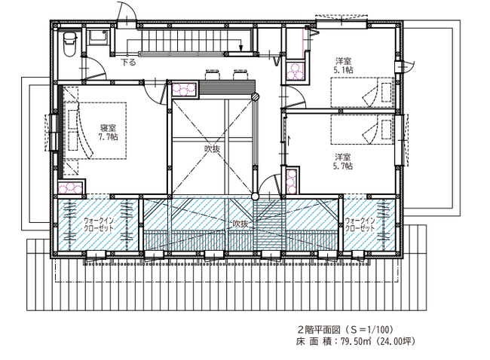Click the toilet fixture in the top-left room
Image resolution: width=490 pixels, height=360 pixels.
[69, 44]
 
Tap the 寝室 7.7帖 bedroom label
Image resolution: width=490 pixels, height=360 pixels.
[108, 133]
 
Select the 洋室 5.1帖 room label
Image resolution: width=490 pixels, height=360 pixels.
[343, 66]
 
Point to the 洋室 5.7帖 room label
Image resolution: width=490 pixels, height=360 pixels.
[343, 161]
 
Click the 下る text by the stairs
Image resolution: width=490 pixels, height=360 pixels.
[129, 62]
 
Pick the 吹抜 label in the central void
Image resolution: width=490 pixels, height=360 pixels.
[212, 149]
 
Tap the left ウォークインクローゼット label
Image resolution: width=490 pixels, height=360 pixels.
[99, 224]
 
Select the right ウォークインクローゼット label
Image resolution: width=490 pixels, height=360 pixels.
[360, 224]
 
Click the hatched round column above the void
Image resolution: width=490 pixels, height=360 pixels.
[256, 96]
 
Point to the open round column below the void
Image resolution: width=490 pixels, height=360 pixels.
[256, 197]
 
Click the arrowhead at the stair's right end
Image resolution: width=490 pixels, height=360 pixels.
[240, 48]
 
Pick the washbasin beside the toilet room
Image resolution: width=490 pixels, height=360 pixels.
[97, 37]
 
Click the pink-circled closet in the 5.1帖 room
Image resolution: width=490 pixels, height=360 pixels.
[296, 72]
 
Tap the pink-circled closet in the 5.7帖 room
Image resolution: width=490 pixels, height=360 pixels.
[291, 182]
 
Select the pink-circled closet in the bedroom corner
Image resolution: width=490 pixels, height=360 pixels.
[71, 188]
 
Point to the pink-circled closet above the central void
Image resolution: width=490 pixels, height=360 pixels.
[184, 90]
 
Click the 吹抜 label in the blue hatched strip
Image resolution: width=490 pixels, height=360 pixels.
[240, 224]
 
